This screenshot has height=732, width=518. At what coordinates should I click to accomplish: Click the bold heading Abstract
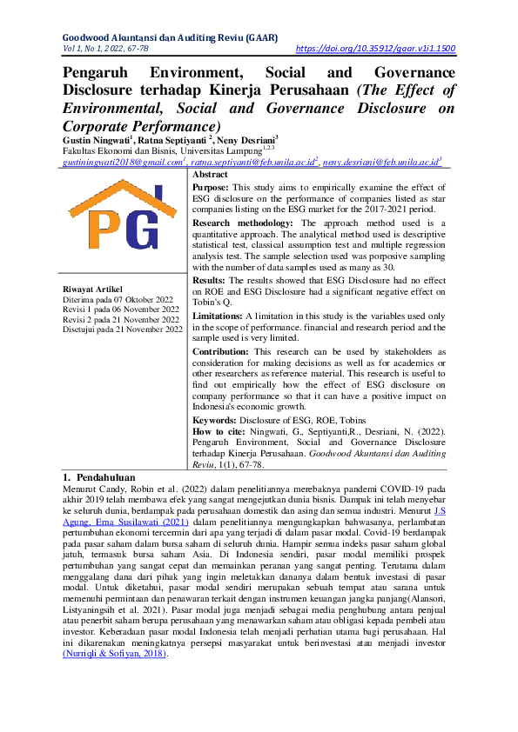(x=210, y=174)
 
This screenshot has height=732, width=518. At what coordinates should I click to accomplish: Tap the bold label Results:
(x=209, y=281)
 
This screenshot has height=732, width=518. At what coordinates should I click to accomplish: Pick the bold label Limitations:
(x=218, y=316)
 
